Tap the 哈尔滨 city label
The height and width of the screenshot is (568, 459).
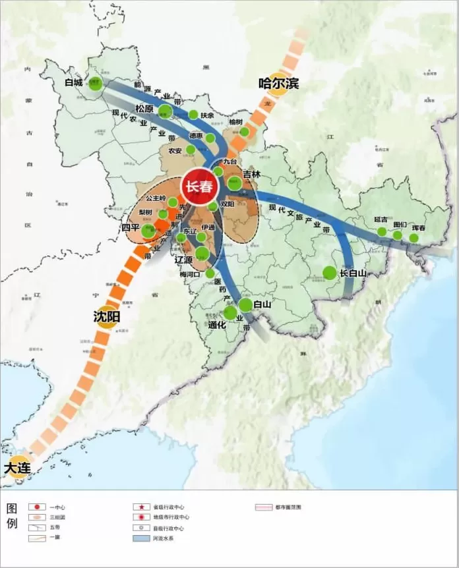(278, 84)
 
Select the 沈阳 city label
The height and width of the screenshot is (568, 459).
(106, 317)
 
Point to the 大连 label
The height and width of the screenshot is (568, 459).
(18, 468)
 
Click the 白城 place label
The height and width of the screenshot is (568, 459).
(74, 83)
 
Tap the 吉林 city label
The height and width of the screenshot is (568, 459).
(251, 175)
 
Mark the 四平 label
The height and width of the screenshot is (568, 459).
(131, 227)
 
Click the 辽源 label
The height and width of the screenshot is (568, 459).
(183, 260)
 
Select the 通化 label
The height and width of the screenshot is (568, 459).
(217, 325)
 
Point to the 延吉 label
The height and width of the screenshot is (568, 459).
(380, 219)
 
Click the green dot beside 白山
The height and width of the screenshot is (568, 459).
(245, 304)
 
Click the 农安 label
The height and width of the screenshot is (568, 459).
(175, 150)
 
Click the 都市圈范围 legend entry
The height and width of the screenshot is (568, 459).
(288, 507)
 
